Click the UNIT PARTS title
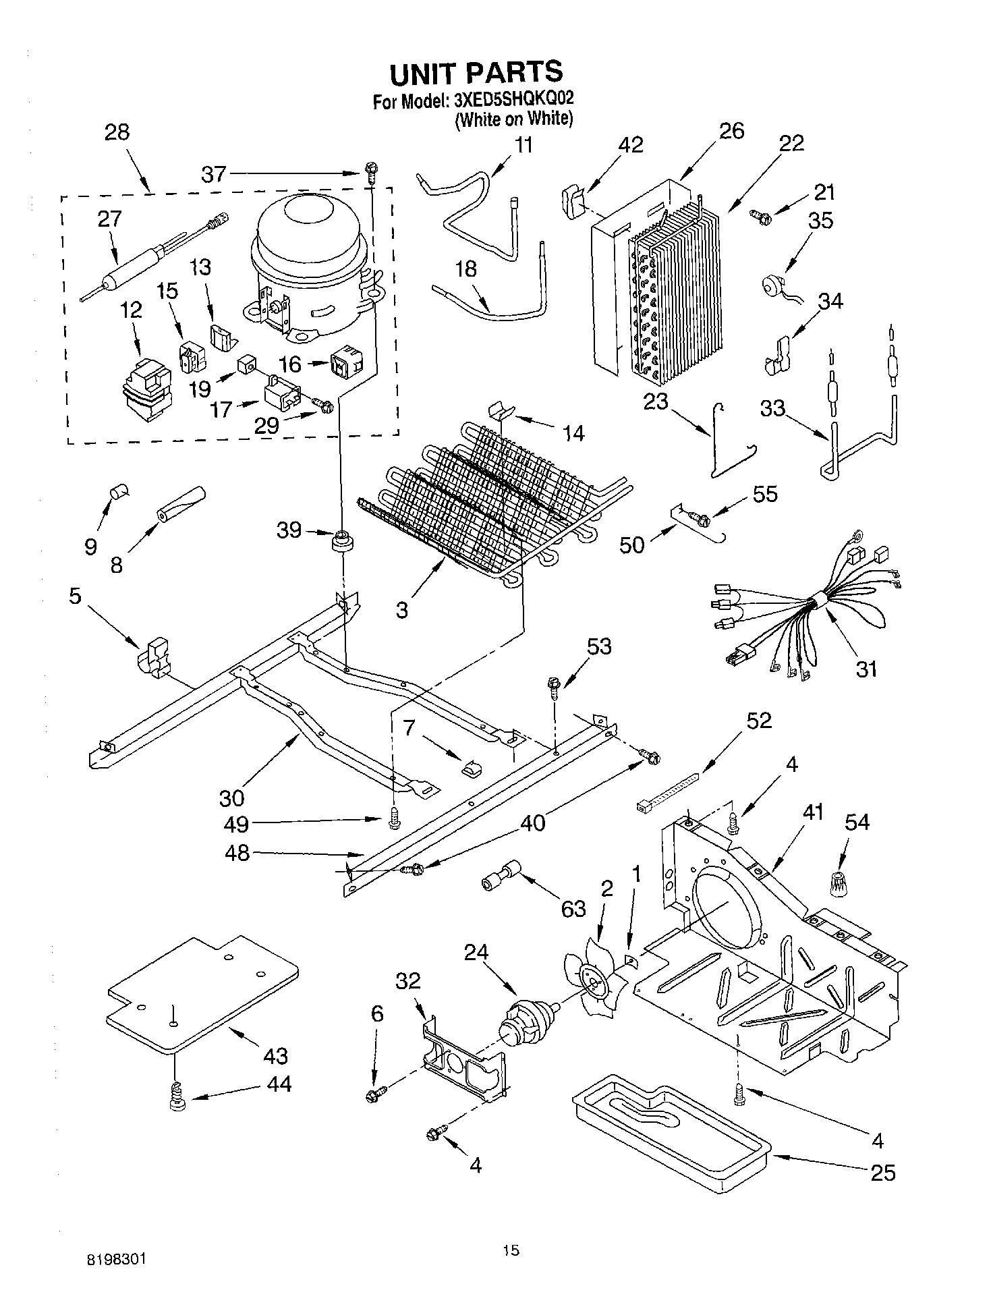click(x=476, y=72)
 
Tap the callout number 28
click(x=117, y=132)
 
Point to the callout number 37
click(x=214, y=175)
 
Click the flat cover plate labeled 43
click(x=202, y=992)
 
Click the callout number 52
click(x=758, y=721)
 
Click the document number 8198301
click(x=116, y=1259)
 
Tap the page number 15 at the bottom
click(x=511, y=1250)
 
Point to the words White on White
click(x=514, y=119)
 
